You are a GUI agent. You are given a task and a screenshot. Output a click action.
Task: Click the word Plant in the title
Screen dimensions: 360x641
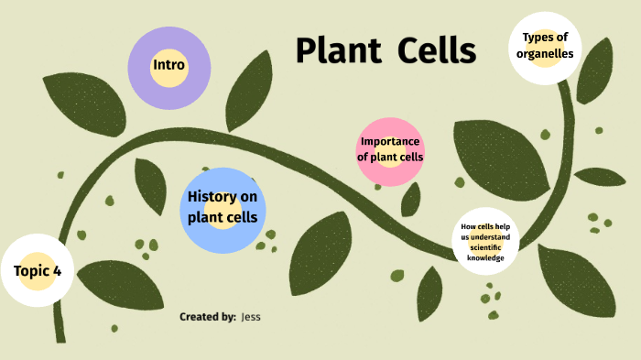pyautogui.click(x=338, y=50)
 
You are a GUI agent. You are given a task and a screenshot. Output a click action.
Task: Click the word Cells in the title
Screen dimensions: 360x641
pyautogui.click(x=436, y=50)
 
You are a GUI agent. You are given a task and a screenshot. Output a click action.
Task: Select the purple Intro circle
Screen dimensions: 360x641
pyautogui.click(x=169, y=69)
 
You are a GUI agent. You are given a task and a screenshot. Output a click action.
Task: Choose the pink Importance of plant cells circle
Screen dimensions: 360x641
pyautogui.click(x=390, y=151)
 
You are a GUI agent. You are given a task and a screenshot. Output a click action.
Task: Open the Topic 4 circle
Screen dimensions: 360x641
pyautogui.click(x=38, y=270)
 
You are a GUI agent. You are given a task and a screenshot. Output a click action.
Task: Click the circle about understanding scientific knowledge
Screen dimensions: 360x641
pyautogui.click(x=485, y=243)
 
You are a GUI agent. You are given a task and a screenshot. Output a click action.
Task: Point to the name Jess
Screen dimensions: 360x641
pyautogui.click(x=252, y=317)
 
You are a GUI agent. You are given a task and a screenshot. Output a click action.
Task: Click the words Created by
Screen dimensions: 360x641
pyautogui.click(x=208, y=317)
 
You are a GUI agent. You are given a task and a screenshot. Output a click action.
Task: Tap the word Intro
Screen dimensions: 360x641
pyautogui.click(x=169, y=65)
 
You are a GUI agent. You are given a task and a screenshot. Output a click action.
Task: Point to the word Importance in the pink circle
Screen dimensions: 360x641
pyautogui.click(x=390, y=141)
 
